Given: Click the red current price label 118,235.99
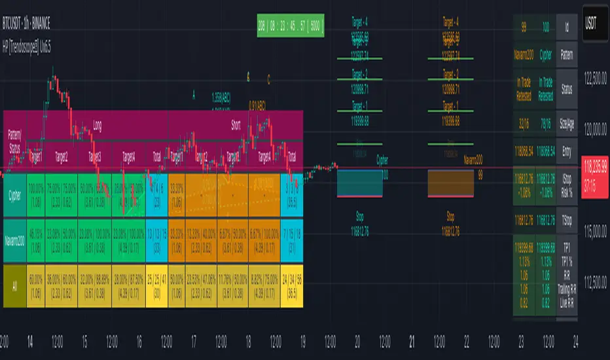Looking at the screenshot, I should click(x=592, y=182).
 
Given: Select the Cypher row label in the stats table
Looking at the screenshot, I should click(x=14, y=194).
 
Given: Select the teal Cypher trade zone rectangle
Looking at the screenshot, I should click(x=359, y=182).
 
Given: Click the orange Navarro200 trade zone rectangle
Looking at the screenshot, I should click(x=451, y=182).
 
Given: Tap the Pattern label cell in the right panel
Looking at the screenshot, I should click(x=567, y=56).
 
